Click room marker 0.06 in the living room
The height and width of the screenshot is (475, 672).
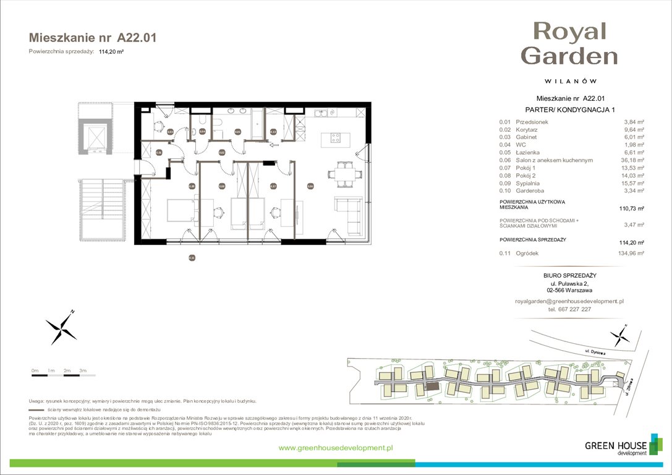pyautogui.click(x=310, y=186)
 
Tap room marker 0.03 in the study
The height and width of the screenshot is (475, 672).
pyautogui.click(x=170, y=131)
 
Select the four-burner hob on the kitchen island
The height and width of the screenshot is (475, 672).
pyautogui.click(x=337, y=138)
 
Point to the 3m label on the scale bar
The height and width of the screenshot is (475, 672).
pyautogui.click(x=82, y=370)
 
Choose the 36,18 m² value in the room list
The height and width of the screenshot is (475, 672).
pyautogui.click(x=630, y=160)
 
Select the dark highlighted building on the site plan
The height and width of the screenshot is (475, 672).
pyautogui.click(x=432, y=386)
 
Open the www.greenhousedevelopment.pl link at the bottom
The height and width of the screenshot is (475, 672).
pyautogui.click(x=336, y=448)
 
